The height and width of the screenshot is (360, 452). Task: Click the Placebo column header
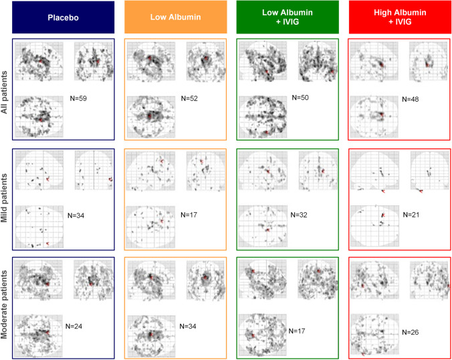[x=63, y=17]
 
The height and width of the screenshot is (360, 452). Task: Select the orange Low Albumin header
[x=176, y=17]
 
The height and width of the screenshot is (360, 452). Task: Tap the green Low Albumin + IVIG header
[x=288, y=17]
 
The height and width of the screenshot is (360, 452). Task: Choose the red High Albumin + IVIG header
[x=400, y=17]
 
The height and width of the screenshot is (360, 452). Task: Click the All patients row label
[x=4, y=92]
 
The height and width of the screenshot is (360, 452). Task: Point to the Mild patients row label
[x=4, y=198]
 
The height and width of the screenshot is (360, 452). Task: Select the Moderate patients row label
[x=4, y=304]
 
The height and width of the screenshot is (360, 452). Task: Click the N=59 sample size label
[x=78, y=98]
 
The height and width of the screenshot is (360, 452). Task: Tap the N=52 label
[x=189, y=98]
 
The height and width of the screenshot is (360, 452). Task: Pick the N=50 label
[x=300, y=98]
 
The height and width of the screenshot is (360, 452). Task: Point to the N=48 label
[x=410, y=99]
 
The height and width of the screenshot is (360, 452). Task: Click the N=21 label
[x=411, y=215]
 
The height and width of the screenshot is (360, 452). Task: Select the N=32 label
[x=299, y=215]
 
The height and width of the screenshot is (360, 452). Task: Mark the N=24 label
[x=74, y=327]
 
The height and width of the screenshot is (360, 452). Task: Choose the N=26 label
[x=410, y=333]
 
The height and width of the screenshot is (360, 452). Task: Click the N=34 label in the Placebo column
[x=76, y=215]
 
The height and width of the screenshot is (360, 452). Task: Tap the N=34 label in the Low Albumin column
[x=188, y=327]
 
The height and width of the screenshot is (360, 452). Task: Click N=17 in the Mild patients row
[x=189, y=215]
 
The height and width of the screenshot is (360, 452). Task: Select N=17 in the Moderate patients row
[x=297, y=331]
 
